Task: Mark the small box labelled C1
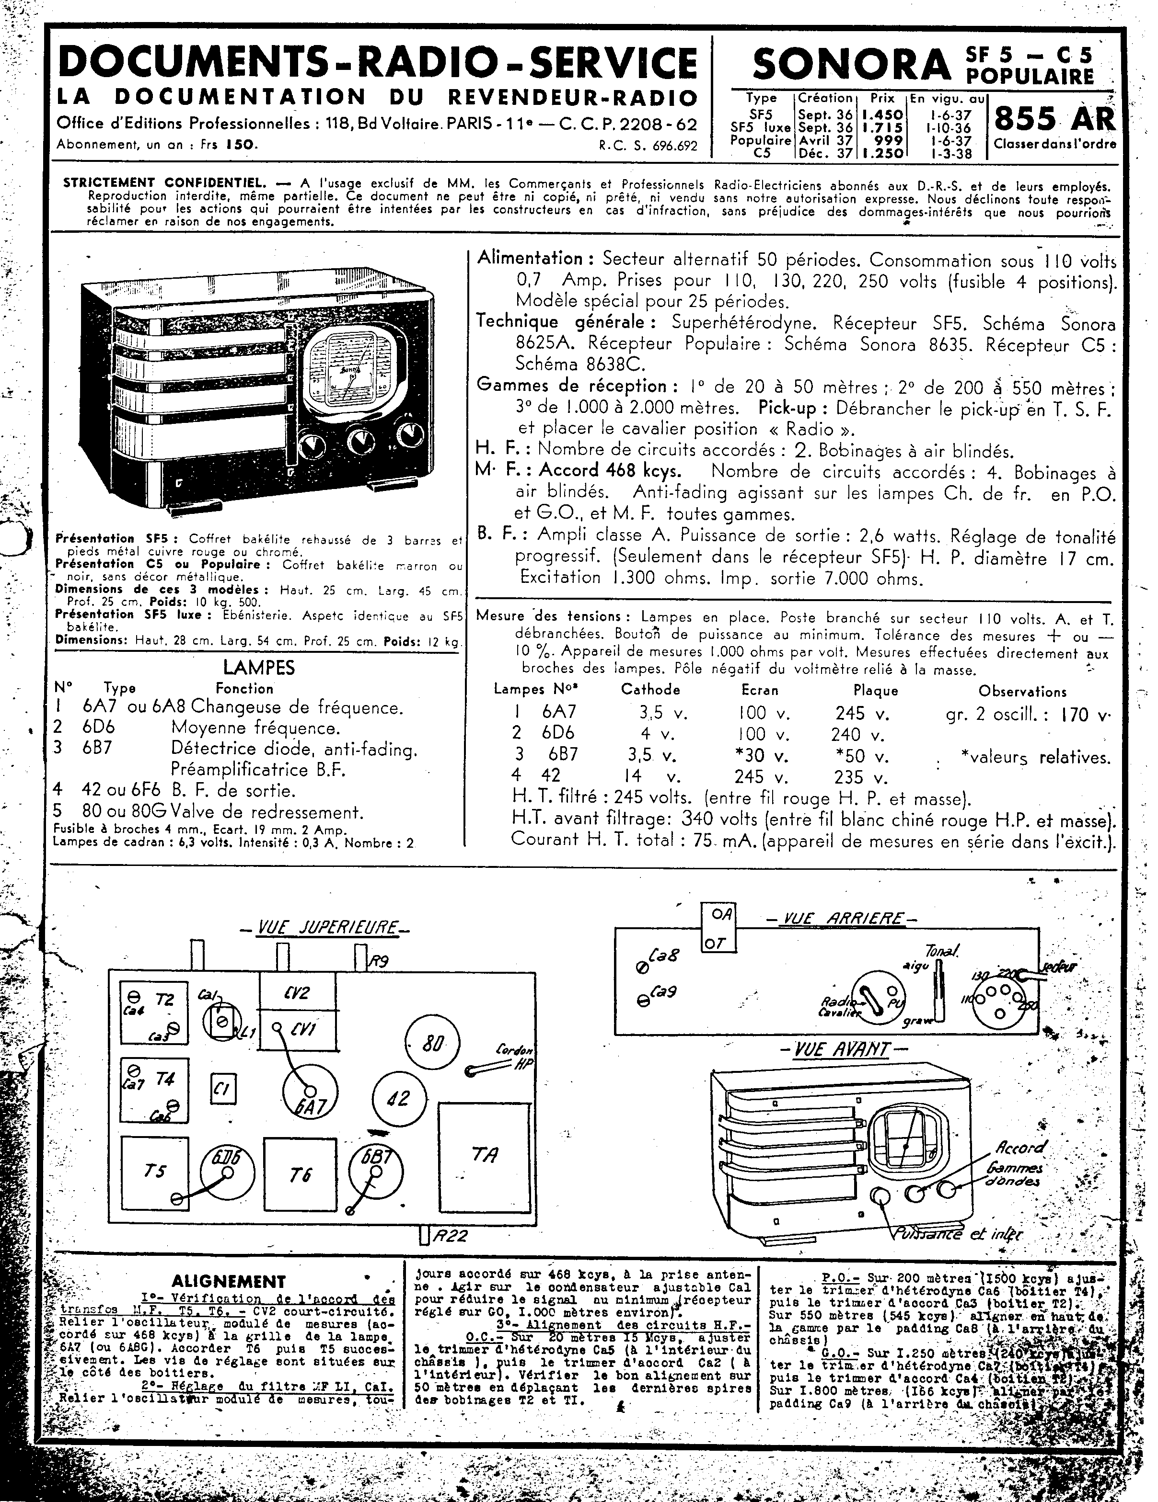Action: click(222, 1089)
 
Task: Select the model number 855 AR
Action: click(1053, 119)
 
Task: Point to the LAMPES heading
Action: click(259, 667)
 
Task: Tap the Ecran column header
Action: click(760, 690)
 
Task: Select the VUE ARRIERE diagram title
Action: click(841, 919)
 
